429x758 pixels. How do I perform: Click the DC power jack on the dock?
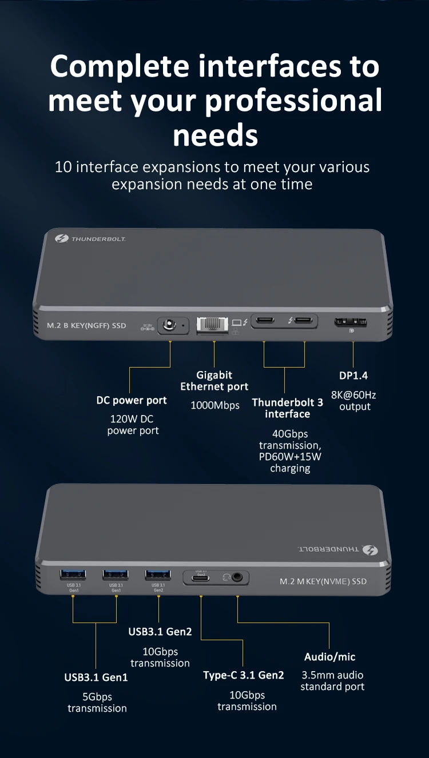tap(169, 326)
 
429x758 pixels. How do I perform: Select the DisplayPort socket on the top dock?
tap(351, 323)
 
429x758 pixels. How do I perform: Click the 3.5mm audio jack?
tap(237, 577)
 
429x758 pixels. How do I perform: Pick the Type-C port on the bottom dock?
tap(201, 577)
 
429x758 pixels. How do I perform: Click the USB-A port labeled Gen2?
tap(158, 574)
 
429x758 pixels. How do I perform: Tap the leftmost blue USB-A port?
tap(73, 574)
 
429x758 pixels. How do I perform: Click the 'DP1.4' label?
tap(353, 376)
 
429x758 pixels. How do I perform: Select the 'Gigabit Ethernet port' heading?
tap(214, 381)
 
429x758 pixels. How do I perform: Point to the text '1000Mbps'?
tap(214, 405)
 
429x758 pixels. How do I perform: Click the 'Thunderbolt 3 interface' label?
tap(287, 408)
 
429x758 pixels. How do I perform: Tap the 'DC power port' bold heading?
tap(132, 400)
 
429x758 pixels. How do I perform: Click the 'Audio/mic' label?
tap(329, 657)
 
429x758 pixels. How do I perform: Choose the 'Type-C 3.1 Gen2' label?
tap(243, 675)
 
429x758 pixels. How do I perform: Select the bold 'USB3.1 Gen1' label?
tap(96, 677)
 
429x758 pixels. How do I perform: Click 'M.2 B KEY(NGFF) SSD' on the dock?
tap(86, 325)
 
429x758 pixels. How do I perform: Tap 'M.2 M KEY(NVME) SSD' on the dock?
tap(323, 581)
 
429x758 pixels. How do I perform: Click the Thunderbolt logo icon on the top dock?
tap(62, 238)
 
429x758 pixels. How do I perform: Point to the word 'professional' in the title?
tap(293, 101)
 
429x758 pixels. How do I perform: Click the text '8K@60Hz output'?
tap(354, 401)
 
